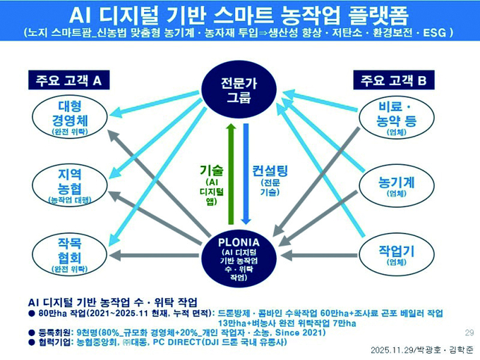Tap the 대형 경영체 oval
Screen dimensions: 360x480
point(71,116)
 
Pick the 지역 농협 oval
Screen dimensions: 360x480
point(71,185)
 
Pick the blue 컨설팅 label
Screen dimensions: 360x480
point(269,170)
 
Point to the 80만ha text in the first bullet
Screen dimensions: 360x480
point(52,312)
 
